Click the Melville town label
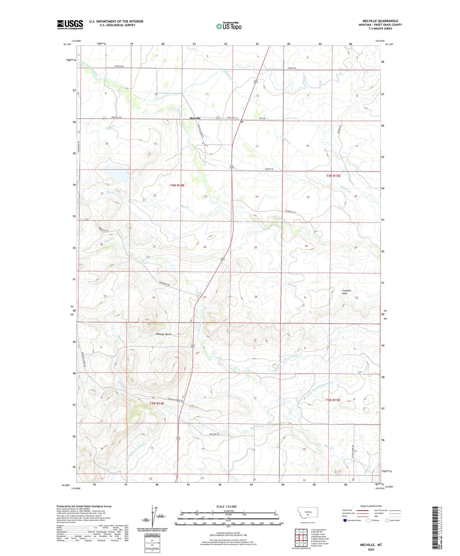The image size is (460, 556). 195,118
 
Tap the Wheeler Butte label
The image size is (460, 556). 164,334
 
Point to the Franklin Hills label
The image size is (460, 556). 347,292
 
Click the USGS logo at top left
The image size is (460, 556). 70,25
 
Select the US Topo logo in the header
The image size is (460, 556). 229,26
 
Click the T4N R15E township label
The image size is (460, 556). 333,176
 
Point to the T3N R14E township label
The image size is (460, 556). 157,403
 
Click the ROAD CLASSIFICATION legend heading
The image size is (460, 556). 371,506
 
